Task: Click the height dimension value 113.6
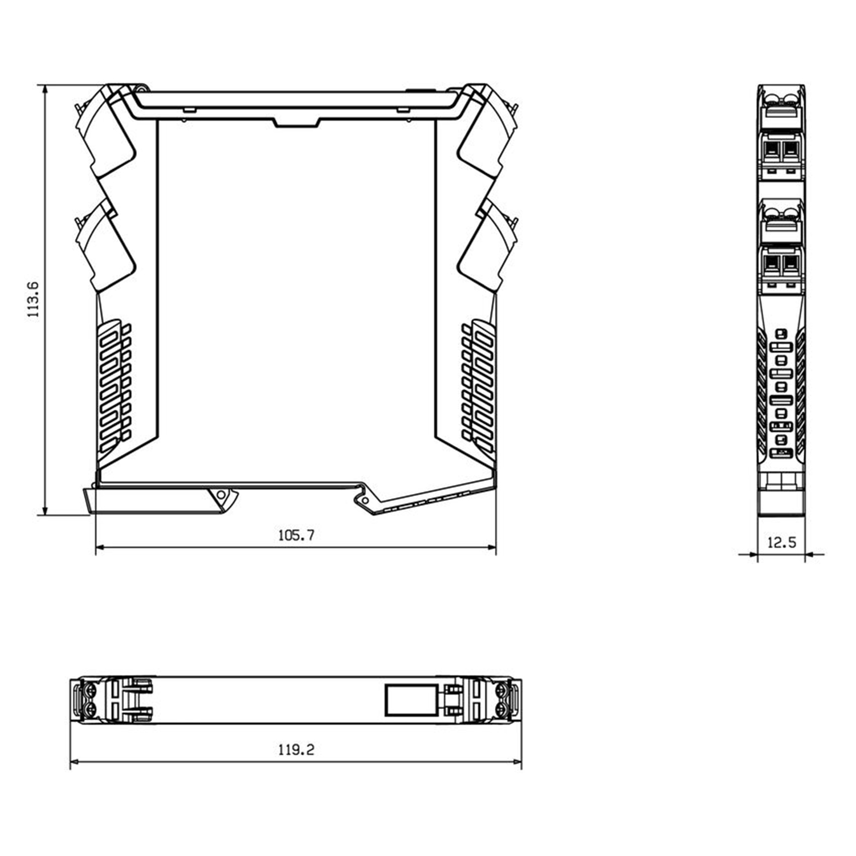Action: point(34,299)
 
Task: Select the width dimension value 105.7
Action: point(296,535)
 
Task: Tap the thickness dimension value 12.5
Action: point(781,542)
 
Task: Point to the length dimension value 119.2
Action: point(296,749)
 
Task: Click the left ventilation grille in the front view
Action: point(115,388)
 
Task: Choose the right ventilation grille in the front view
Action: point(478,388)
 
